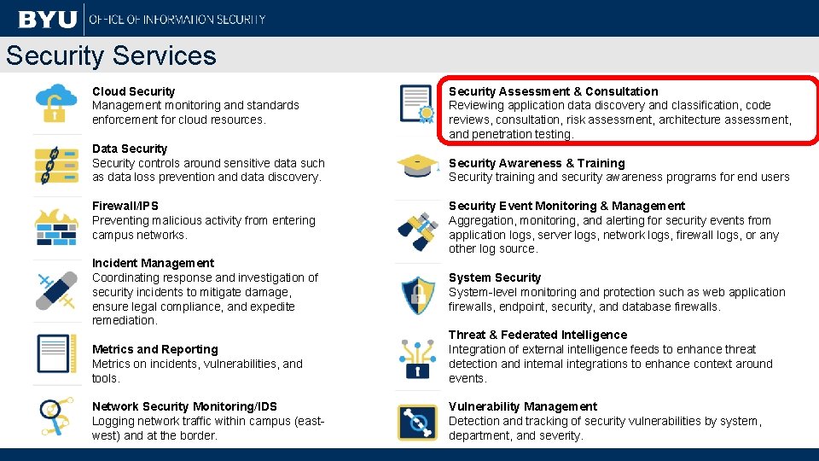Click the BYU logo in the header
(x=47, y=18)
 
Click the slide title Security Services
(x=111, y=55)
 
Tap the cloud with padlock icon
(x=56, y=103)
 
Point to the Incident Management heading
(x=153, y=263)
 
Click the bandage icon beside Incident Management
(x=56, y=290)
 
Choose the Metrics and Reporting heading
(x=154, y=349)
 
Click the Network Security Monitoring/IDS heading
(x=184, y=406)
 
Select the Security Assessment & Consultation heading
(x=553, y=91)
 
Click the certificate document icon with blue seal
(x=418, y=104)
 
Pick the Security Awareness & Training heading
(x=537, y=163)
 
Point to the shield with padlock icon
(x=418, y=295)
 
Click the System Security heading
(x=495, y=277)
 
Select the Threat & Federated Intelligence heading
(x=537, y=335)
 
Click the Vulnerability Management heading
(x=523, y=406)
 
